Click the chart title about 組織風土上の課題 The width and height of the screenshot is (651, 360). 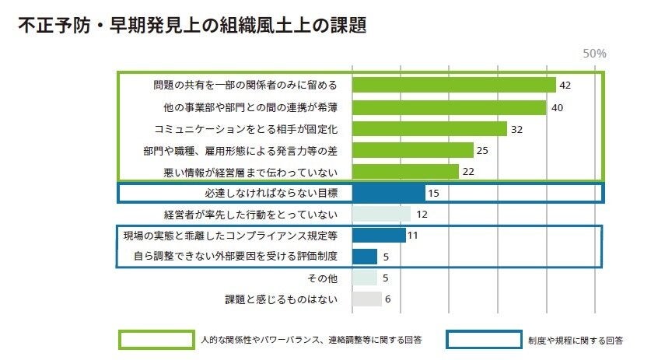[x=191, y=25]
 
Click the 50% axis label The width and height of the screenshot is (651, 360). [x=594, y=54]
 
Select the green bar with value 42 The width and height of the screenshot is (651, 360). [x=453, y=85]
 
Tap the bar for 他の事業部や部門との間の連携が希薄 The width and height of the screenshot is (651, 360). [x=449, y=107]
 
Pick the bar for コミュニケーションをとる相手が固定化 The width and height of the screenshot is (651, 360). [x=429, y=128]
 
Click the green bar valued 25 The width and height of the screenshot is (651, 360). [x=412, y=149]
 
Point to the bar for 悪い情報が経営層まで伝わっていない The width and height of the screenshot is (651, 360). [x=405, y=171]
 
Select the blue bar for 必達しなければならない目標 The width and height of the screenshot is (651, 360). [x=388, y=192]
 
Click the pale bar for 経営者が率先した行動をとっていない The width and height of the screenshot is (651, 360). [x=381, y=214]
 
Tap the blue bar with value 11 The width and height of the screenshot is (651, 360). [x=379, y=235]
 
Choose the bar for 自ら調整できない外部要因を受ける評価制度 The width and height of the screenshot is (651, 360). [x=364, y=256]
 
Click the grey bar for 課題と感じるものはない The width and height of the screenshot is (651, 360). [x=366, y=299]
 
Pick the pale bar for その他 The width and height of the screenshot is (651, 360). [x=364, y=278]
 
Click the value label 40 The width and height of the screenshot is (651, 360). [x=557, y=107]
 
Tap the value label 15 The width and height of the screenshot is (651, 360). [x=435, y=193]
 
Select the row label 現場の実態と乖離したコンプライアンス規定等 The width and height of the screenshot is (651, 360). [x=233, y=235]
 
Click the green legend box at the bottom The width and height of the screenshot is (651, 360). [x=156, y=340]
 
